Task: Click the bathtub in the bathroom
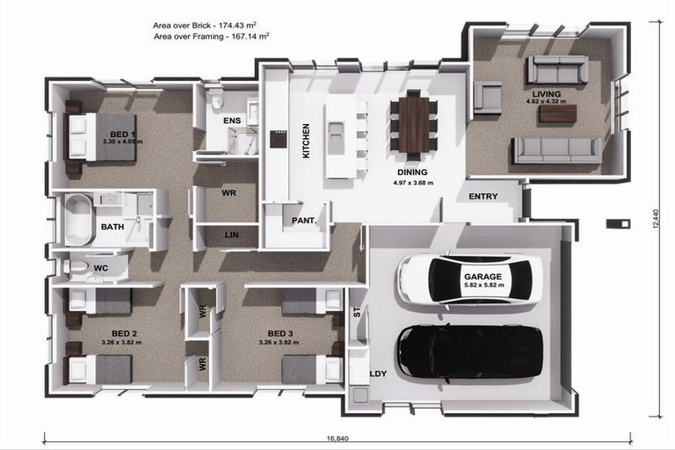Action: (x=78, y=220)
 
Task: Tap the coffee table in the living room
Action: (x=557, y=113)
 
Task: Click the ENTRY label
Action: (x=483, y=196)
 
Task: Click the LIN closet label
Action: (x=231, y=235)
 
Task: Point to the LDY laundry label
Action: (x=378, y=374)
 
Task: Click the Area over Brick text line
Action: (x=211, y=26)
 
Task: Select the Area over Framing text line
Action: (x=211, y=37)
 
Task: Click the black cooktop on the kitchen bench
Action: (x=278, y=139)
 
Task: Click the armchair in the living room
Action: (x=487, y=97)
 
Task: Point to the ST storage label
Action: (x=356, y=312)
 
